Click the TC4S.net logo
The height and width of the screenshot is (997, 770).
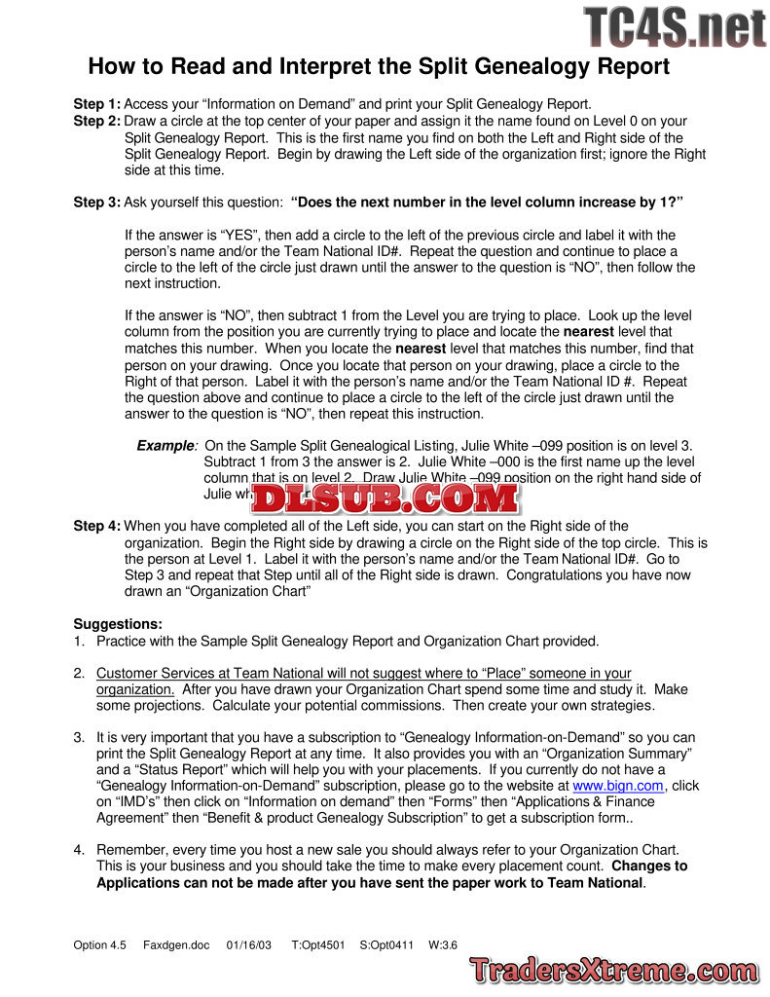tap(675, 27)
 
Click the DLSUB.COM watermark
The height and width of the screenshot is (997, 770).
tap(385, 498)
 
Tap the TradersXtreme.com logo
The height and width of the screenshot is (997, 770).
tap(613, 970)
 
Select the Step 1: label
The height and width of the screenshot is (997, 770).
tap(97, 104)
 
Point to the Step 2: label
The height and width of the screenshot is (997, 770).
tap(97, 121)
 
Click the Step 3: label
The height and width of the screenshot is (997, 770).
tap(97, 203)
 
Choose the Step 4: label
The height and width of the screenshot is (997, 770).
tap(97, 526)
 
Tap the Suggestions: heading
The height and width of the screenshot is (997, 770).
tap(118, 623)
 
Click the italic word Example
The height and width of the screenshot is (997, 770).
tap(165, 445)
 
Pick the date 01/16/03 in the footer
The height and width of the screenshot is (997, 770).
tap(249, 944)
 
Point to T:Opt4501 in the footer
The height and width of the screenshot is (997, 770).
tap(318, 944)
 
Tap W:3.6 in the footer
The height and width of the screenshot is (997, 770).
tap(443, 944)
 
